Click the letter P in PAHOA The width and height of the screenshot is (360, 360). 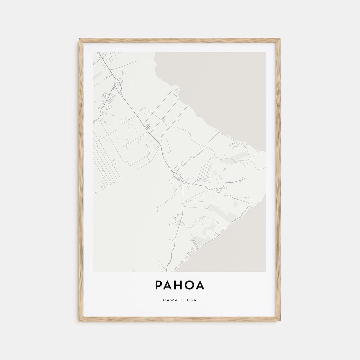tap(159, 285)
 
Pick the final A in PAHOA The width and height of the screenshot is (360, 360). tap(201, 285)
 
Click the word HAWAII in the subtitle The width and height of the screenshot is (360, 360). tap(173, 300)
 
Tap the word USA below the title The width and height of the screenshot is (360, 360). tap(192, 300)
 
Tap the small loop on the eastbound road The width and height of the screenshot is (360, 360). tap(218, 190)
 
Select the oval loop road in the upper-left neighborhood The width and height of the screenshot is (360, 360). tap(105, 95)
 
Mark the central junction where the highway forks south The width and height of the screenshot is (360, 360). tap(183, 181)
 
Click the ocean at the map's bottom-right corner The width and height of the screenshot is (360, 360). tap(247, 253)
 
